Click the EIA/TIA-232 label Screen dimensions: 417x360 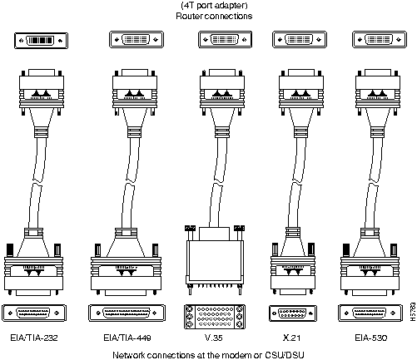point(34,338)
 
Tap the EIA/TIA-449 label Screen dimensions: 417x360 point(127,338)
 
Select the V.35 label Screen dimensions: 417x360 point(213,338)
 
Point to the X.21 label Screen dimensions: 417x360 point(291,338)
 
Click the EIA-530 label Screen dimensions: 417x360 point(370,338)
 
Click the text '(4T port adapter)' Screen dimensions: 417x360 point(214,5)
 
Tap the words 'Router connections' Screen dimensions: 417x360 point(214,16)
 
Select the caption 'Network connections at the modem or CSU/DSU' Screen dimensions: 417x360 point(208,355)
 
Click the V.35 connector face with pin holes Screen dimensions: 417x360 point(215,317)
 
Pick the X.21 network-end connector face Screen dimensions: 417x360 point(293,313)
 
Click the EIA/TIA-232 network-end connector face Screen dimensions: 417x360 point(34,313)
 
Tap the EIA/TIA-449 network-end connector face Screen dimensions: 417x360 point(127,313)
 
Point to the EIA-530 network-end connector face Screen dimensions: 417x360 point(370,313)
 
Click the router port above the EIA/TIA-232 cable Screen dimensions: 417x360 point(41,41)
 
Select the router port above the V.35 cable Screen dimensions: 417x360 point(225,39)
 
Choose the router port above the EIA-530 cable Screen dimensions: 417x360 point(380,39)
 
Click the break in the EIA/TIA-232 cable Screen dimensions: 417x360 point(37,182)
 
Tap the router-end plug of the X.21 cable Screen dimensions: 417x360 point(301,92)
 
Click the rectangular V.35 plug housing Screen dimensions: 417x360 point(215,262)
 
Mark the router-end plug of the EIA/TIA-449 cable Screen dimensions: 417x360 point(135,92)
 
